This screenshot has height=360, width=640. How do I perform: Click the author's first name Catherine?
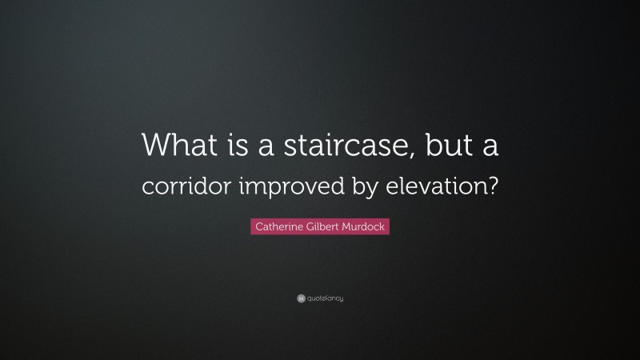(x=278, y=227)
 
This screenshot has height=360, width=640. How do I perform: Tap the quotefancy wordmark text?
(x=326, y=298)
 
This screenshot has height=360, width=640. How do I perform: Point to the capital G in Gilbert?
(x=310, y=227)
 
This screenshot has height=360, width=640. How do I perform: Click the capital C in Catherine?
(x=258, y=227)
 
